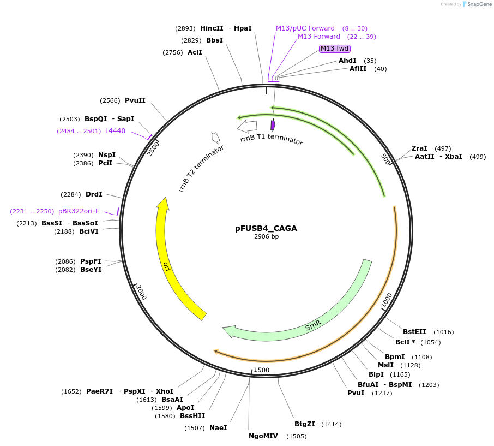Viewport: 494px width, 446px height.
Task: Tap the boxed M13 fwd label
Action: (x=334, y=49)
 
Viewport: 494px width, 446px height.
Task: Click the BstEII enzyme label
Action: (x=414, y=332)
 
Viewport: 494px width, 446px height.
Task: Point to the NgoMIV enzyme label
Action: (x=263, y=436)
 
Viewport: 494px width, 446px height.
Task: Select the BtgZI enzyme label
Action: (x=305, y=424)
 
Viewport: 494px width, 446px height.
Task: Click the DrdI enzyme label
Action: (x=94, y=194)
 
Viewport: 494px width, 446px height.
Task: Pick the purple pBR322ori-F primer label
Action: (x=79, y=211)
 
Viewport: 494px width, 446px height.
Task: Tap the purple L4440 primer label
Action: (x=115, y=131)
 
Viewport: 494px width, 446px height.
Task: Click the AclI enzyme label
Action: (x=195, y=52)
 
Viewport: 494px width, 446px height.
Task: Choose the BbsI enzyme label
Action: (x=214, y=40)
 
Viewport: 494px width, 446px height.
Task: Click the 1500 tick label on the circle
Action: (x=262, y=370)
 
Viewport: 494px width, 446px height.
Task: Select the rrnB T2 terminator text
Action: (x=201, y=168)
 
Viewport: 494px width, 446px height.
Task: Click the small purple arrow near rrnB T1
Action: (x=273, y=125)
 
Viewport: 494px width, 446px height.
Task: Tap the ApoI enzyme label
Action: (x=185, y=408)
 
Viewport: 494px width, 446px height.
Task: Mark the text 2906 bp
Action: (x=266, y=237)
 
